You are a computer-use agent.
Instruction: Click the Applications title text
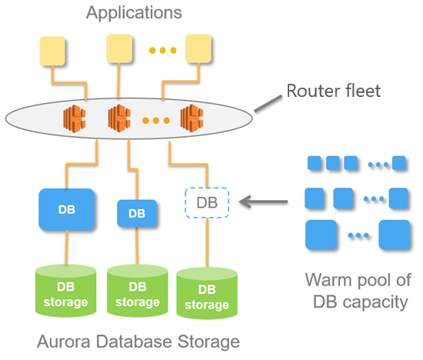[134, 13]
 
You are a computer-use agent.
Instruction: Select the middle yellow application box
[120, 50]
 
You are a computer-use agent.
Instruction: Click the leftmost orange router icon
[75, 118]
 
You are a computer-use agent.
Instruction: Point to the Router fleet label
[333, 92]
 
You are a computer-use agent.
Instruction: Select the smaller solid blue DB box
[137, 213]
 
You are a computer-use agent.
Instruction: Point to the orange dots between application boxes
[162, 51]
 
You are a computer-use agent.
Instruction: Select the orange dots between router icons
[156, 121]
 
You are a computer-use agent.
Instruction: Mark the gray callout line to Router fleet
[265, 102]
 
